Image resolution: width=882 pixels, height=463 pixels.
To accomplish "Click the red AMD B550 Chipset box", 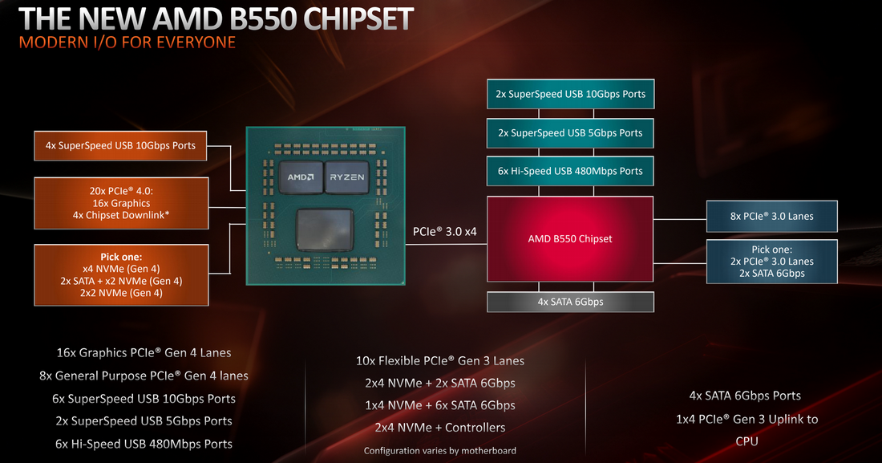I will pyautogui.click(x=570, y=239).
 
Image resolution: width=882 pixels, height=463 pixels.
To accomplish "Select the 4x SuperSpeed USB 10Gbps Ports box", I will pyautogui.click(x=120, y=145).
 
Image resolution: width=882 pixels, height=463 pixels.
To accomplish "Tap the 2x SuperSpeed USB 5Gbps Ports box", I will pyautogui.click(x=570, y=132).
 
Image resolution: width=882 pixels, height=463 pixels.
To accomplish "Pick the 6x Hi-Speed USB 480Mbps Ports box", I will pyautogui.click(x=570, y=171).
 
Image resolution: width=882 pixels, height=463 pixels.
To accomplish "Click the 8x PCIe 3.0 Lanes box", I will pyautogui.click(x=771, y=216).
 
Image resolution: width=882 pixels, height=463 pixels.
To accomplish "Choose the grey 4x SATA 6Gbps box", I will pyautogui.click(x=570, y=302).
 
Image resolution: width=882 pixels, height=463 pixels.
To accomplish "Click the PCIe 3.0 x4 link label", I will pyautogui.click(x=445, y=232).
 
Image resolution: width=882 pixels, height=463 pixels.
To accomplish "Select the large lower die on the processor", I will pyautogui.click(x=325, y=232).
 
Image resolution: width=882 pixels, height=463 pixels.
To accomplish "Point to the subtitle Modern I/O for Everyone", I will pyautogui.click(x=127, y=42).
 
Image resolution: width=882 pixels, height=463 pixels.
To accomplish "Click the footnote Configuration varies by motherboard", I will pyautogui.click(x=439, y=450).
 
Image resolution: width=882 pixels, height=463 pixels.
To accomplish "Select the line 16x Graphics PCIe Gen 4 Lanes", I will pyautogui.click(x=144, y=352).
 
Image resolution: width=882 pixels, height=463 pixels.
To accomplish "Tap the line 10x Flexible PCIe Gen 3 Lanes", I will pyautogui.click(x=439, y=360).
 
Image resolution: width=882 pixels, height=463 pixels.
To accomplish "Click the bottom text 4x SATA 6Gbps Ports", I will pyautogui.click(x=745, y=396).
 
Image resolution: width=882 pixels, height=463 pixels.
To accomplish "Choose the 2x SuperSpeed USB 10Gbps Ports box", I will pyautogui.click(x=570, y=94).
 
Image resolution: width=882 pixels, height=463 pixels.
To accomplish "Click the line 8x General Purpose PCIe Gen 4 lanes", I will pyautogui.click(x=144, y=376).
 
